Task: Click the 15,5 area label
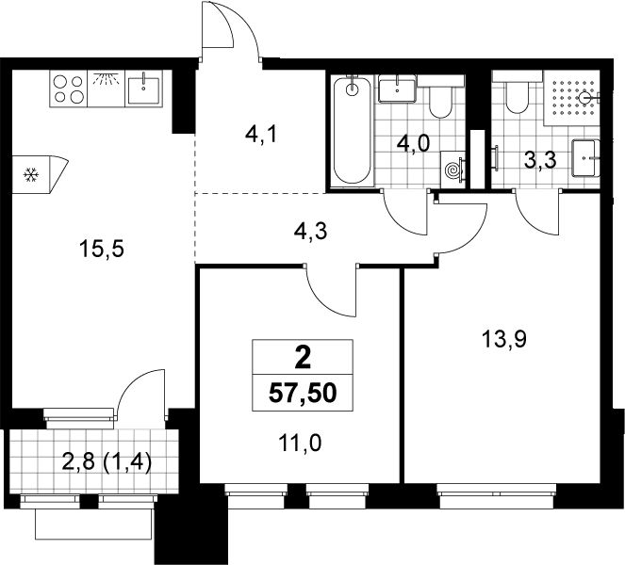pos(102,250)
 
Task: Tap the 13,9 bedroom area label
pos(504,340)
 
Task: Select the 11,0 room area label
pos(300,444)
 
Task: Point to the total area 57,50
pos(303,394)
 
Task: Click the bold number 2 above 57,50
pos(303,357)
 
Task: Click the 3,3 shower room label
pos(540,161)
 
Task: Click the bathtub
pos(353,130)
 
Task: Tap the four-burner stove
pos(69,89)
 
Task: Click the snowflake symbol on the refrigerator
pos(31,174)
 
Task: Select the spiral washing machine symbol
pos(452,169)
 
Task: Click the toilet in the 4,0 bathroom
pos(440,96)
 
